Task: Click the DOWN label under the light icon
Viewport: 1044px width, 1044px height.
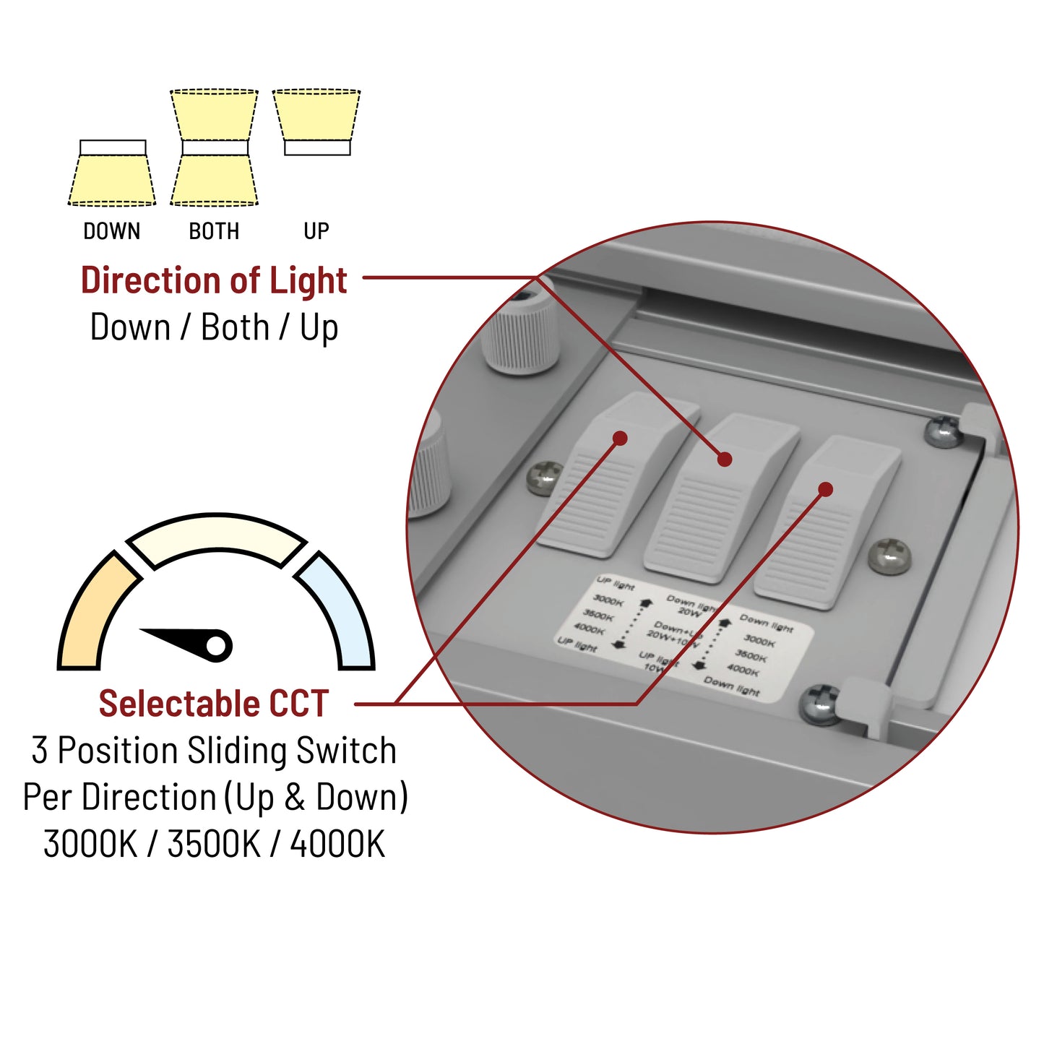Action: pos(111,231)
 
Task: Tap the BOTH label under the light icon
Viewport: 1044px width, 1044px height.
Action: pos(214,231)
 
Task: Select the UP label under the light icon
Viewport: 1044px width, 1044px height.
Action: pos(316,231)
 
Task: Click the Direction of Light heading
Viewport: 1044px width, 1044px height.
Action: pos(214,280)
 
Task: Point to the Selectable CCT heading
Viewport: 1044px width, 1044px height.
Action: pos(214,703)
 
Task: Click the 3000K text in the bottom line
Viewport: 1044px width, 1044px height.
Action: pos(90,843)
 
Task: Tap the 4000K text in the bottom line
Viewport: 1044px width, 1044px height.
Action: pos(337,843)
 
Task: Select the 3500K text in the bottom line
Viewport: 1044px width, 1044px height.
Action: pos(214,843)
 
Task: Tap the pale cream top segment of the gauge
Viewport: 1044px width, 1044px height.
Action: pos(217,539)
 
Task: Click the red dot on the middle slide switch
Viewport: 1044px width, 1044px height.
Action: pos(725,459)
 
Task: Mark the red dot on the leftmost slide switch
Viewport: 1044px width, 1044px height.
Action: pos(620,438)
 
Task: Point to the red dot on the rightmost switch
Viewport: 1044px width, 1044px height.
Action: pos(827,489)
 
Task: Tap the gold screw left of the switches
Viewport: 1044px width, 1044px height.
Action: pos(544,478)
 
